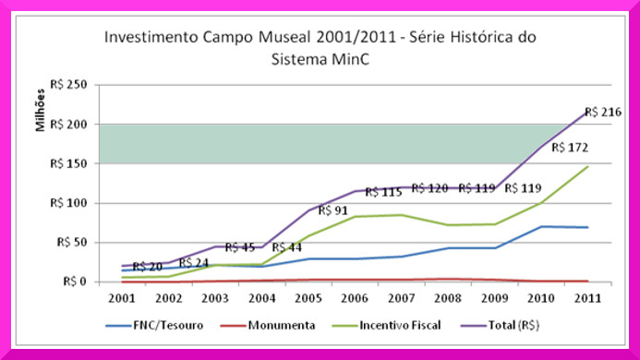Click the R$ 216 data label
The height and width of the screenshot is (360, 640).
click(603, 112)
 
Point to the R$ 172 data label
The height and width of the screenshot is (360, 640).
click(570, 148)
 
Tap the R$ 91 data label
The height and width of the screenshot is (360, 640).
click(332, 210)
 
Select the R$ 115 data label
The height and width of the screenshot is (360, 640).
click(383, 192)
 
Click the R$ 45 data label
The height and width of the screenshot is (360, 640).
click(240, 247)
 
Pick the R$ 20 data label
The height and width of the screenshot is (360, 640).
click(148, 267)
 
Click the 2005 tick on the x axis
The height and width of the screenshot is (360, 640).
click(308, 298)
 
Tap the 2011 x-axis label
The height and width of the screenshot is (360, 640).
click(587, 298)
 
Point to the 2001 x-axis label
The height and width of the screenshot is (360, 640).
click(122, 298)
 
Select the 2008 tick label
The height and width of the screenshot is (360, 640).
click(448, 298)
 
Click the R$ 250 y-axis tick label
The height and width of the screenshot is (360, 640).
click(68, 85)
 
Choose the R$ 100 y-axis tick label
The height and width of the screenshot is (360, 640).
click(68, 203)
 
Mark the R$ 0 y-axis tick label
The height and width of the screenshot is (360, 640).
click(75, 282)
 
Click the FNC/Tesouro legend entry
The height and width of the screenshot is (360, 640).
click(154, 325)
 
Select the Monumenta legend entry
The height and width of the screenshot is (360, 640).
click(268, 325)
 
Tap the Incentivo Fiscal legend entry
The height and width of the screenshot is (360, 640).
click(386, 325)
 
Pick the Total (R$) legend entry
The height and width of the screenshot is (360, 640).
click(501, 325)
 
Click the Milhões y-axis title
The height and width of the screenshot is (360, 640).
click(40, 110)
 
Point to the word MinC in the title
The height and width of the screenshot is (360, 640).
click(351, 59)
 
